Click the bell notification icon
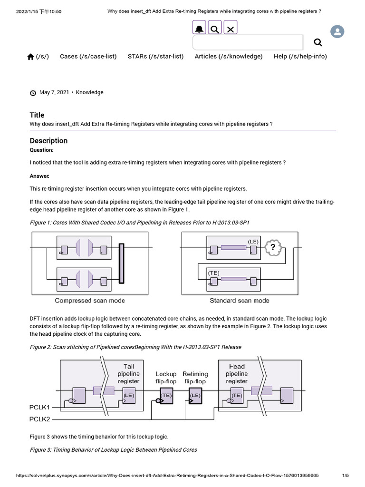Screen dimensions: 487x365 pyautogui.click(x=199, y=29)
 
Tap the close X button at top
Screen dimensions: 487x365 pyautogui.click(x=231, y=29)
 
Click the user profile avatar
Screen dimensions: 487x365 pyautogui.click(x=337, y=32)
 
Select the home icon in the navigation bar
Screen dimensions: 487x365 pyautogui.click(x=30, y=57)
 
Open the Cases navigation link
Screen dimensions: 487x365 pyautogui.click(x=88, y=56)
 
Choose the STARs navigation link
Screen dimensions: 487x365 pyautogui.click(x=155, y=56)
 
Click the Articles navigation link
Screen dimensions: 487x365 pyautogui.click(x=229, y=56)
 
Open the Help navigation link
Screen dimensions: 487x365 pyautogui.click(x=300, y=56)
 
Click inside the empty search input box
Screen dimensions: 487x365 pyautogui.click(x=248, y=43)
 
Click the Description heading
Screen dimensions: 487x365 pyautogui.click(x=48, y=141)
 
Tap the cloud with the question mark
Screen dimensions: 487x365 pyautogui.click(x=273, y=247)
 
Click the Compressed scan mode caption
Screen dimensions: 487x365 pyautogui.click(x=90, y=301)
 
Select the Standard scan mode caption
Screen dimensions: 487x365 pyautogui.click(x=240, y=301)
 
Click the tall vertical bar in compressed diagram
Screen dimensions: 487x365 pyautogui.click(x=122, y=263)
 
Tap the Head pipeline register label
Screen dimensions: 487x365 pyautogui.click(x=237, y=373)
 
